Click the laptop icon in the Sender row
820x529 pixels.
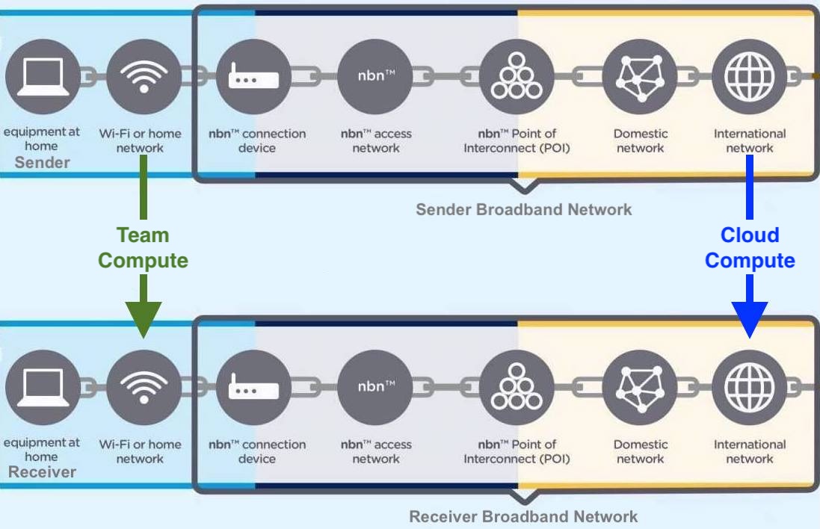click(42, 76)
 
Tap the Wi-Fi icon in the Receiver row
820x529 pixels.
click(144, 387)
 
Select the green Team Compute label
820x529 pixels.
click(143, 247)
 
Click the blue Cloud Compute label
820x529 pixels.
click(750, 247)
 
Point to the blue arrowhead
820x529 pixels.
click(750, 318)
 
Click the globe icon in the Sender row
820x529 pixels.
click(749, 76)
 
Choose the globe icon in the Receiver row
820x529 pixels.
click(749, 387)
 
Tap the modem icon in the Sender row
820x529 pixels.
click(253, 76)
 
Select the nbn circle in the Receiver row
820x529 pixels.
click(375, 387)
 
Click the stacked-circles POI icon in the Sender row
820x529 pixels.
click(517, 76)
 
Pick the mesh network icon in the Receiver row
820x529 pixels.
click(640, 387)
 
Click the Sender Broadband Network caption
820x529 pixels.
click(523, 209)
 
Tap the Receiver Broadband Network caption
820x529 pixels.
click(523, 516)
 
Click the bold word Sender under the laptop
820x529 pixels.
click(42, 162)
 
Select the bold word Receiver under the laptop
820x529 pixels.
click(42, 472)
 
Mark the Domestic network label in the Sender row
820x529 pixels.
click(641, 140)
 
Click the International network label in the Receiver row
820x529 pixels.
click(750, 451)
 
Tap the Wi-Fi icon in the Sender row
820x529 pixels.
click(144, 76)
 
